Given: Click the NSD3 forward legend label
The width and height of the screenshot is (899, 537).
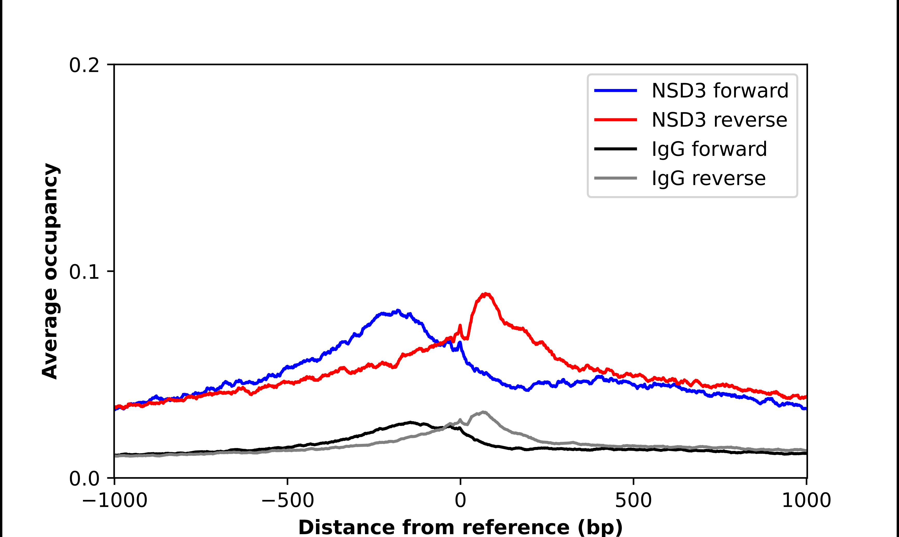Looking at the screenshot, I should click(720, 91).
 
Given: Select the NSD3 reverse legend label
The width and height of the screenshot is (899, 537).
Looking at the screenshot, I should click(719, 120).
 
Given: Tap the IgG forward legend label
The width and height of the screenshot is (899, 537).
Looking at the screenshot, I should click(709, 149).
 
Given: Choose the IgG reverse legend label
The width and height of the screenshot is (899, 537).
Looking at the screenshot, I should click(708, 178).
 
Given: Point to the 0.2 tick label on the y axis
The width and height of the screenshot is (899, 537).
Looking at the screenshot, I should click(84, 65).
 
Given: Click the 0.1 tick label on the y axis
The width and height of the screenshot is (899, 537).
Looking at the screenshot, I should click(84, 272).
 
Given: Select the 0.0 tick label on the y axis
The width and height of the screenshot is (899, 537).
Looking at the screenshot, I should click(84, 479).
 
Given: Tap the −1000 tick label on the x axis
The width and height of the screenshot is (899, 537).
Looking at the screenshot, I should click(115, 500).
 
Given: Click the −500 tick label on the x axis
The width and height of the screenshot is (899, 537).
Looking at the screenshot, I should click(287, 500).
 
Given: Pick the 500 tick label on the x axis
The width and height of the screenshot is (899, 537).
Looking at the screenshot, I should click(633, 500).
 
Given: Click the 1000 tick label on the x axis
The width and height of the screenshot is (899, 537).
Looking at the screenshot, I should click(806, 500).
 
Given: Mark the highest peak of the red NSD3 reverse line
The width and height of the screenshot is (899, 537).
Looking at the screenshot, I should click(486, 294).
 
